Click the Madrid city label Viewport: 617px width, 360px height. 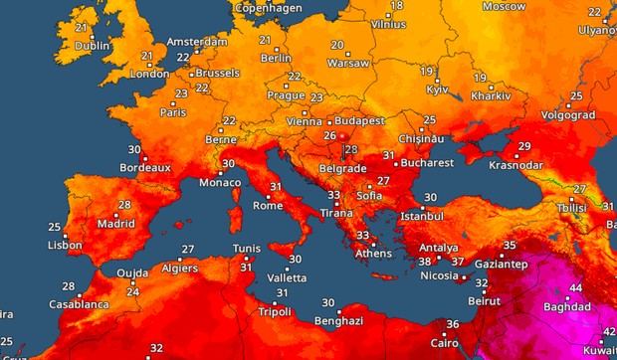point(116,224)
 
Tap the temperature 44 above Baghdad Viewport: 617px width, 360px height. point(575,288)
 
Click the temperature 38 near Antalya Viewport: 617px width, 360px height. point(424,262)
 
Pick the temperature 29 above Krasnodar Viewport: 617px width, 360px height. point(524,147)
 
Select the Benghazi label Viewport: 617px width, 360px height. point(338,322)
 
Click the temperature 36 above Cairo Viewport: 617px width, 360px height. point(452,324)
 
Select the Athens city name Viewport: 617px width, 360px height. point(374,253)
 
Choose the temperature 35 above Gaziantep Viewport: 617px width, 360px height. point(510,245)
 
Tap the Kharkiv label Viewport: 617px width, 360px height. point(492,97)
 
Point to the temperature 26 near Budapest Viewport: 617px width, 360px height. point(329,135)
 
